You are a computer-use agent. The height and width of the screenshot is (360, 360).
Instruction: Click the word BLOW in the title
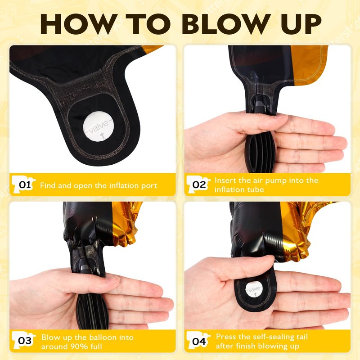tap(226, 24)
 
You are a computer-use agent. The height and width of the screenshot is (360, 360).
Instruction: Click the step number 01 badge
tap(24, 184)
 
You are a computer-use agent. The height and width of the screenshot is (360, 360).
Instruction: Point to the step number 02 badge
tap(198, 184)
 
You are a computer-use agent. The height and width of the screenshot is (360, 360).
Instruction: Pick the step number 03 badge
tap(24, 341)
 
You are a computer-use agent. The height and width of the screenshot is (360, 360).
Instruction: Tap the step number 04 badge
tap(198, 341)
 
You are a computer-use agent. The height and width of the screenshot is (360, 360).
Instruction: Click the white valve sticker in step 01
tap(99, 126)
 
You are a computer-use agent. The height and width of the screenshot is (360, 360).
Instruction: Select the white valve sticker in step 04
tap(254, 289)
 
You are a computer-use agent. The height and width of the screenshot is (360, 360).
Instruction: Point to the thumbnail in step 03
tap(112, 280)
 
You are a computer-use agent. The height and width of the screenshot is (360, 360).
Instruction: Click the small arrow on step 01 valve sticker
tap(103, 135)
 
